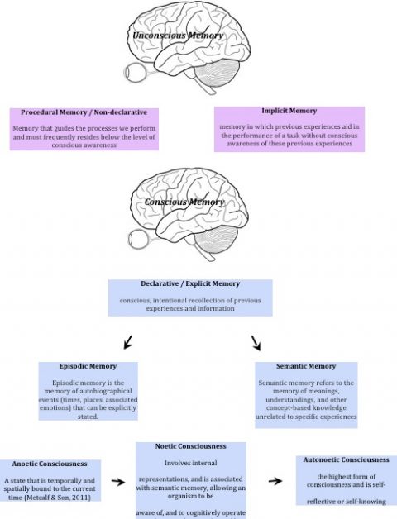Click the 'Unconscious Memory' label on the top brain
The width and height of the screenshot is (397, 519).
click(179, 36)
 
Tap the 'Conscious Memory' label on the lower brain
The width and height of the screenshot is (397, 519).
click(184, 202)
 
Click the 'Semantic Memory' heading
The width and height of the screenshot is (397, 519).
click(307, 366)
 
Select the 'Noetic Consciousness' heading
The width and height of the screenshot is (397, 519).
click(191, 446)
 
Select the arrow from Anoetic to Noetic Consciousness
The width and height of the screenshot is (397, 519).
click(118, 480)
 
